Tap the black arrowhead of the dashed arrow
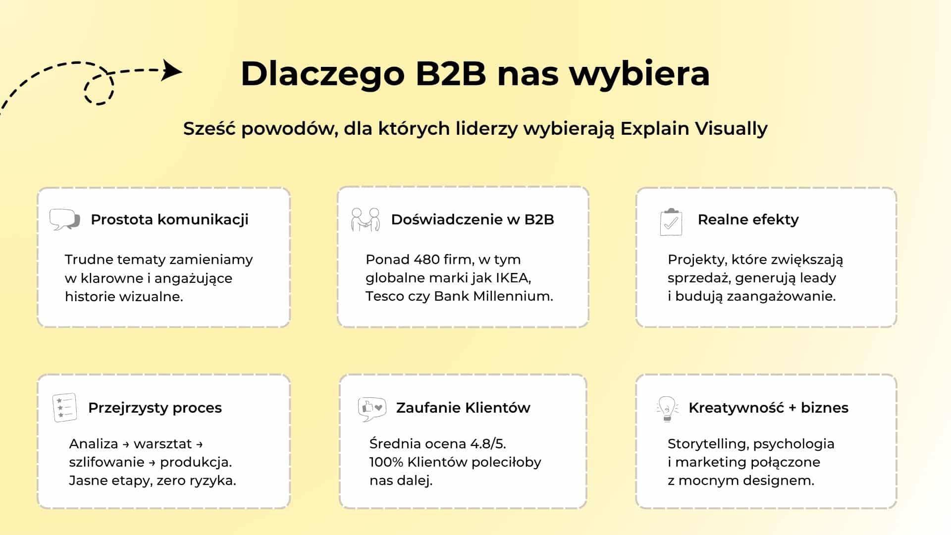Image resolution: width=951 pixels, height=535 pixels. pos(172,70)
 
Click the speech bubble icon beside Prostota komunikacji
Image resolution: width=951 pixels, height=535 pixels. pos(65,219)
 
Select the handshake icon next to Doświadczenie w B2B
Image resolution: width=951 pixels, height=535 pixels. pos(366,220)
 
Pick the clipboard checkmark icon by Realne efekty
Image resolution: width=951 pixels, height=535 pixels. pos(671,222)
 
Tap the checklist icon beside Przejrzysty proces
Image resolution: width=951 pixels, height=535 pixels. pos(64,408)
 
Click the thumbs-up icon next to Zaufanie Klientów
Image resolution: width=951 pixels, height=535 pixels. pos(372,409)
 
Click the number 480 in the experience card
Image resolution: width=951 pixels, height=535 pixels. pos(427,260)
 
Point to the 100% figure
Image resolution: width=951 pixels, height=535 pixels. pos(386,462)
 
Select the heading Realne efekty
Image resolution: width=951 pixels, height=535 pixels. pos(748,219)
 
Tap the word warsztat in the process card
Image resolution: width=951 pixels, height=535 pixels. pos(162,444)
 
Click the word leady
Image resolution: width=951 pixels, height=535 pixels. pos(817,278)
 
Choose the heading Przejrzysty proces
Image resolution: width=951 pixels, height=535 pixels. pos(155,408)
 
